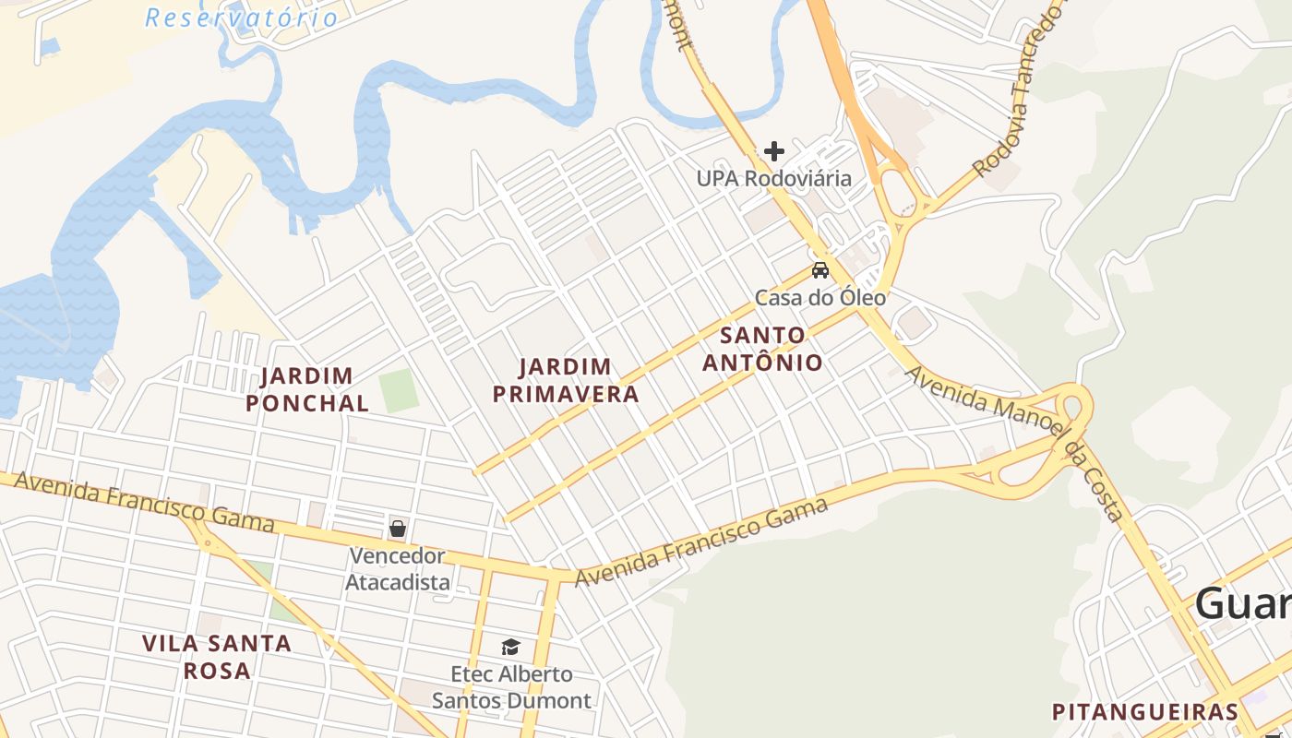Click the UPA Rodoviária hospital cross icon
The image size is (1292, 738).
[x=774, y=151]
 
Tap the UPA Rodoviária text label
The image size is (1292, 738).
[x=774, y=178]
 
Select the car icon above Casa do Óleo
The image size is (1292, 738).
[x=819, y=270]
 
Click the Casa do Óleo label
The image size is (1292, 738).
[x=820, y=298]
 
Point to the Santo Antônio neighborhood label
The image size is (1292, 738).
[x=762, y=349]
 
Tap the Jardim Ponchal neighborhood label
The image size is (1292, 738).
[x=307, y=389]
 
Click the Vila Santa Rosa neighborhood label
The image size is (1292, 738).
[x=217, y=656]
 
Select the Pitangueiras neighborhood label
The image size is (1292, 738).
[x=1145, y=712]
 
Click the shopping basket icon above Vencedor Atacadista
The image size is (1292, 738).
[x=398, y=529]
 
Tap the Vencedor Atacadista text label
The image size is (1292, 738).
[x=398, y=569]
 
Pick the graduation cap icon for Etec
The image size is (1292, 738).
[x=511, y=647]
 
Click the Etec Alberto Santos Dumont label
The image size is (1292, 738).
[x=511, y=687]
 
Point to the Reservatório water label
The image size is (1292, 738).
[x=242, y=18]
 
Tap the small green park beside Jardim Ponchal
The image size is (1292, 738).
[x=399, y=390]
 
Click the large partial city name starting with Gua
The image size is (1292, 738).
[x=1242, y=605]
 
